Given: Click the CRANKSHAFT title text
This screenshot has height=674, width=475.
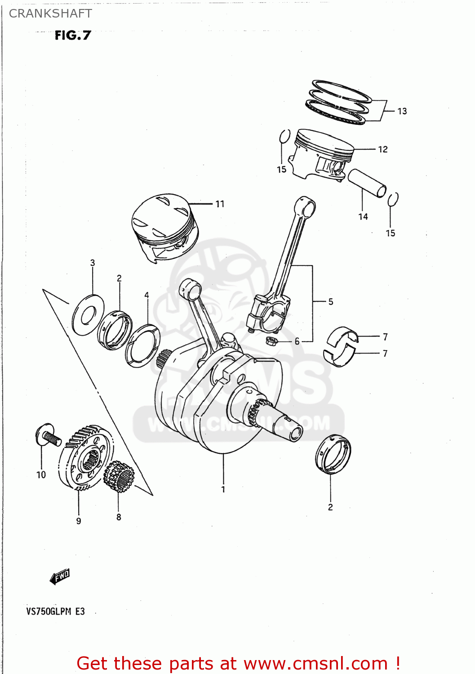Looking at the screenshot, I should pos(50,13).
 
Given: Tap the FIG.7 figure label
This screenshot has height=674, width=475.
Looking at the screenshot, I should pos(73,35).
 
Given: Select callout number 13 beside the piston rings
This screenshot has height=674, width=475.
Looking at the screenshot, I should pos(402,111).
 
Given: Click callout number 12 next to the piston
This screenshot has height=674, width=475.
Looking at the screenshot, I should pos(382,149).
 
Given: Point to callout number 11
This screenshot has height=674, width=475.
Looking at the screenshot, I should pos(219,204).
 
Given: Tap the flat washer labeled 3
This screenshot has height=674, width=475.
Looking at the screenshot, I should pos(88,315).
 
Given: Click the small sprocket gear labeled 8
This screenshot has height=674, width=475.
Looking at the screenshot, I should pos(119,477).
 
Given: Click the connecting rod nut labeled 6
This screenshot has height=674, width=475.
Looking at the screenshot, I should pos(271,341).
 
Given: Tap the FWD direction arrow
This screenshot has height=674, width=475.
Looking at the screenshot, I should pos(60,576).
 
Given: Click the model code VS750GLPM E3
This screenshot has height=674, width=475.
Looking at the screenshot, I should pos(55,611).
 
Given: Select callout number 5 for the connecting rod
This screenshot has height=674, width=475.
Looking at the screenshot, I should pos(330,302).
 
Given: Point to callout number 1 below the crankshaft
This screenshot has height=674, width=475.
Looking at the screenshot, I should pos(223,489).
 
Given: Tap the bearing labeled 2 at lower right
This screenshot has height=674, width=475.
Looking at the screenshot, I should pos(333,455).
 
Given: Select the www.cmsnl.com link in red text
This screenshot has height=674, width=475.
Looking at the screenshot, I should pos(315,663).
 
